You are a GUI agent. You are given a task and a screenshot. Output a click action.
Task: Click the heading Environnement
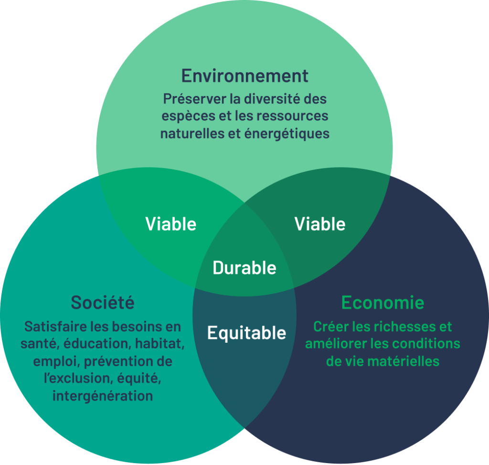coord(245,76)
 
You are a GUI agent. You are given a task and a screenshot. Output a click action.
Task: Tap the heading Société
coord(103,302)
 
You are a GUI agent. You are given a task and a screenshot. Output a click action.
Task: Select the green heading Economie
coord(383,303)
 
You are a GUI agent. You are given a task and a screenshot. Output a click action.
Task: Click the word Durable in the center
coord(244,268)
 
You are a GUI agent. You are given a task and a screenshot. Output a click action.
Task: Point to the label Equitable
coord(247,333)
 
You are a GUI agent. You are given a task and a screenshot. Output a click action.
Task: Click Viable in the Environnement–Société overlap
coord(171,224)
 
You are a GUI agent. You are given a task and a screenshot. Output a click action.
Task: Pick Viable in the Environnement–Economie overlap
coord(320,224)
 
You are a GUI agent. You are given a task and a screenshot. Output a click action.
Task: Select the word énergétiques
coord(287,134)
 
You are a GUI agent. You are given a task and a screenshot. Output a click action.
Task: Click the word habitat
coord(159,344)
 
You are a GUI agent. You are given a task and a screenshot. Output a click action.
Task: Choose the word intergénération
coord(103,396)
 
